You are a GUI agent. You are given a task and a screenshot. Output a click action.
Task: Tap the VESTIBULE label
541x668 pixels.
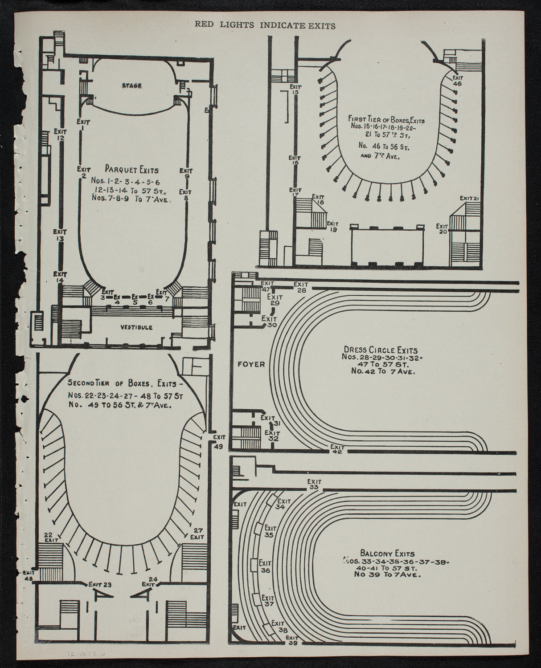(x=137, y=327)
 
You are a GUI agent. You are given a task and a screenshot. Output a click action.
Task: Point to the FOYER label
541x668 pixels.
(x=251, y=364)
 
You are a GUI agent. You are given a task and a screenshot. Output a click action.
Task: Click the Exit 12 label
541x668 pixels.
(x=60, y=134)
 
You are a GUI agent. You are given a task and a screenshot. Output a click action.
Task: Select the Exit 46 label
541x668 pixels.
(x=457, y=80)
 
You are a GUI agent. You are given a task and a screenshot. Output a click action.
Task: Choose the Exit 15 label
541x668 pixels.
(x=295, y=89)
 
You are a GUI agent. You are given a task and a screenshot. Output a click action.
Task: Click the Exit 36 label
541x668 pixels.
(x=266, y=566)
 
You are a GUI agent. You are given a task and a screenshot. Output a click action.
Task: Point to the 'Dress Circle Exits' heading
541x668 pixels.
(x=380, y=350)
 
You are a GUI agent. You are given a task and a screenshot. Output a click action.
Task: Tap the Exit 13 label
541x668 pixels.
(x=60, y=235)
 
